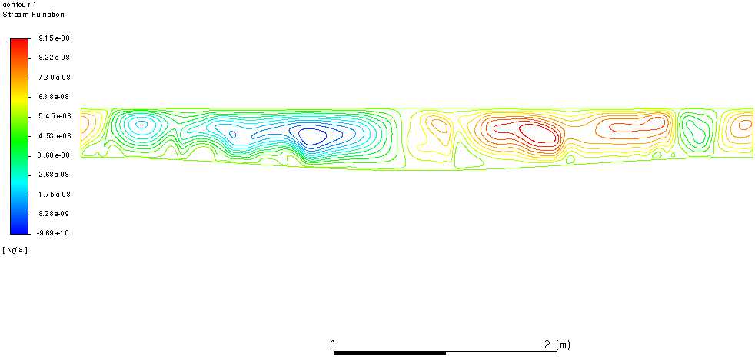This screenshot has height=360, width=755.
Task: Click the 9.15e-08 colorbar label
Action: pos(55,38)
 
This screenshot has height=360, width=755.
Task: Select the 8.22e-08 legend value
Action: pos(55,58)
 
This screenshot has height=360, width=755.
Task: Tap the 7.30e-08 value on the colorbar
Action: pos(55,77)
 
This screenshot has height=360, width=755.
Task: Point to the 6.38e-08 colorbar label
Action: pos(55,96)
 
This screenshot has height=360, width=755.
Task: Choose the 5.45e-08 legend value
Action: pos(55,116)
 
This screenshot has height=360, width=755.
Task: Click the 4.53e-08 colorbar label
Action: pos(55,135)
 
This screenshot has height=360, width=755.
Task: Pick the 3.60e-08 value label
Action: pos(55,155)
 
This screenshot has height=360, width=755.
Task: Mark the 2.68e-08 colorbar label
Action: pos(55,175)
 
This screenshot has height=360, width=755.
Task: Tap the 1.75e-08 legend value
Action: pos(55,194)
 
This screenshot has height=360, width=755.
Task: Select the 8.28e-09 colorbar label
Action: pos(55,214)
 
